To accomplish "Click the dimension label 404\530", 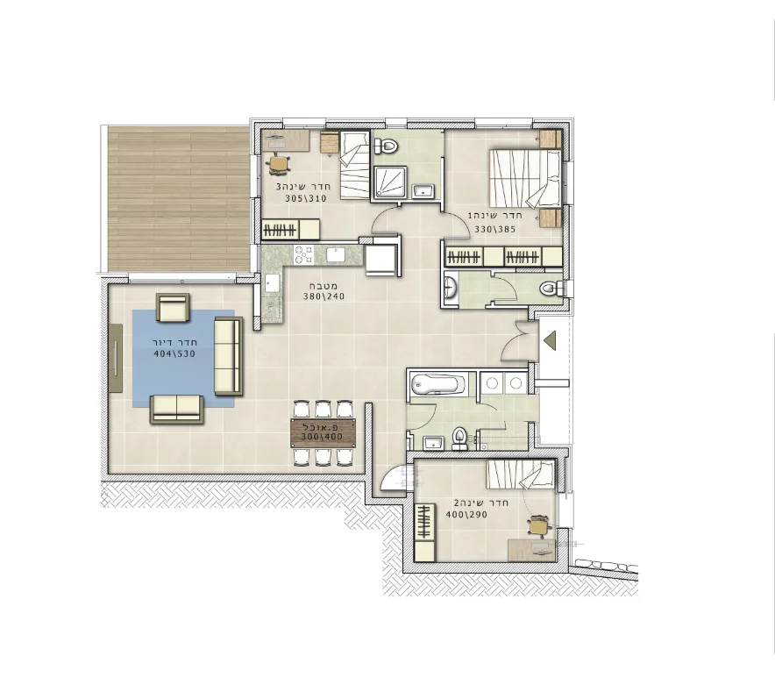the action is pos(174,353).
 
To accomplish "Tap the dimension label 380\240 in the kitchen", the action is pos(324,296).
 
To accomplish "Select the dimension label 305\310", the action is pos(306,199).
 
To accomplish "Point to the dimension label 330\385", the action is pos(494,230).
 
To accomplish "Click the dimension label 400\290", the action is pos(466,515).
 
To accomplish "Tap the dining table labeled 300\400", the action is pos(323,432).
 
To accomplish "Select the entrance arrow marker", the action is pos(550,341).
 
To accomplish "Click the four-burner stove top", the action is pos(304,255).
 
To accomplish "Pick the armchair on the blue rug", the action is pos(173,307).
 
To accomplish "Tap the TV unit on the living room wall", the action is pos(116,358).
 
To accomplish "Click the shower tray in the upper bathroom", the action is pos(390,182).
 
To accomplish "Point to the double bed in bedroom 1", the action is pos(525,179).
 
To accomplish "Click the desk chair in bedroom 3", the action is pos(280,164).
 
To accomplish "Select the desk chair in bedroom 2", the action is pos(539,526).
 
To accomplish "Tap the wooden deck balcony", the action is pos(179,199).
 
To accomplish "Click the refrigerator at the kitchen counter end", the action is pos(381,260).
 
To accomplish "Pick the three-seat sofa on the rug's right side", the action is pos(228,356).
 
